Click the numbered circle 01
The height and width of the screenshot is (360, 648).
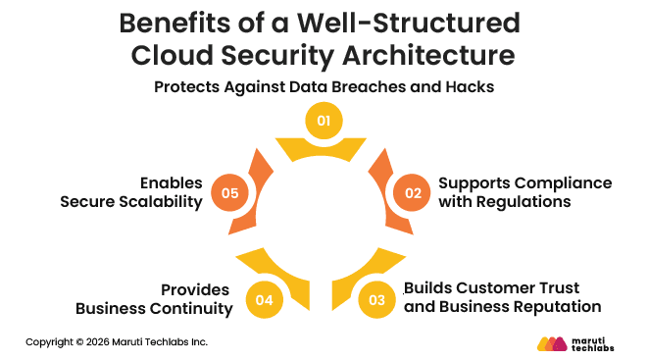[x=324, y=122]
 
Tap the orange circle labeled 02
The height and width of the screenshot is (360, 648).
[x=414, y=193]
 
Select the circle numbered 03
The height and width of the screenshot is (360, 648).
[x=377, y=299]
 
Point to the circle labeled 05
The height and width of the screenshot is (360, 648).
[x=230, y=193]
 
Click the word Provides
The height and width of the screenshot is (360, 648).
[x=196, y=290]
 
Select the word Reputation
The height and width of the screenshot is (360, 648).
[x=556, y=306]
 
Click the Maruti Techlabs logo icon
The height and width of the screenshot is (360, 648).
[x=552, y=343]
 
